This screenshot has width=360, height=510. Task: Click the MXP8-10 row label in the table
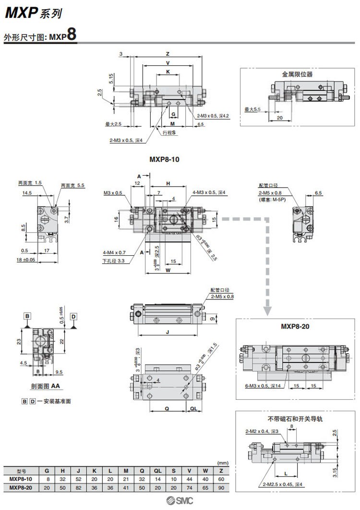(21, 478)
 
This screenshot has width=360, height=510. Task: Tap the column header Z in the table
(221, 471)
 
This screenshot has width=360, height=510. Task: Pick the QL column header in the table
(157, 471)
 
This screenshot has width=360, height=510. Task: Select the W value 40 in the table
(205, 478)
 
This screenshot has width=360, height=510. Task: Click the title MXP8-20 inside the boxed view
(296, 326)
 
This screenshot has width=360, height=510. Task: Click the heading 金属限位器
(297, 74)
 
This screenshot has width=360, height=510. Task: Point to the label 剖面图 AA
(48, 385)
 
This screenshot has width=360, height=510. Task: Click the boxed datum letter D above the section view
(73, 316)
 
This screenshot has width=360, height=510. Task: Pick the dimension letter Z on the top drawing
(168, 53)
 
